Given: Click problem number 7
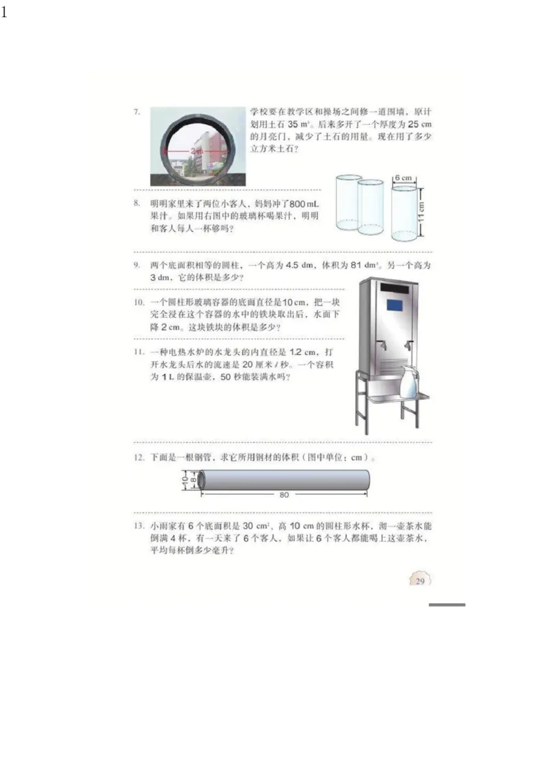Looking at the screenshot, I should (136, 111).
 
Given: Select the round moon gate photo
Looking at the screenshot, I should (198, 147).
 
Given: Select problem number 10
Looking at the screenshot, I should (138, 302).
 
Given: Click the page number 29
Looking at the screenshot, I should (420, 581).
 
